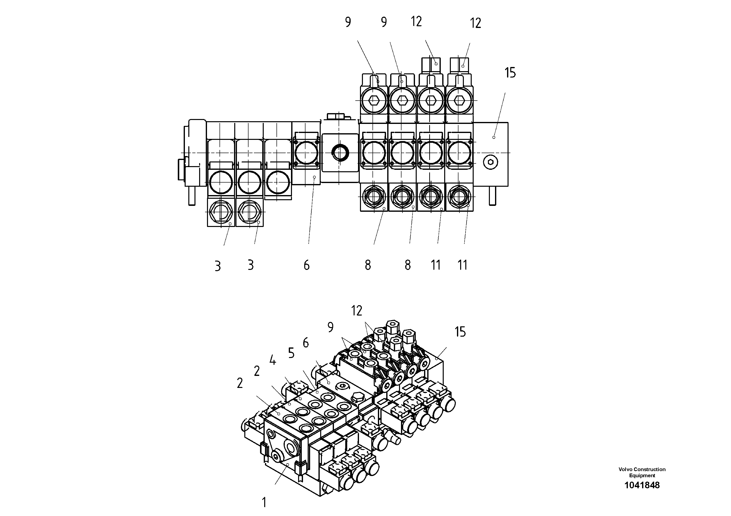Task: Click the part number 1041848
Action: pyautogui.click(x=642, y=485)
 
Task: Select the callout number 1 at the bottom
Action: pyautogui.click(x=264, y=502)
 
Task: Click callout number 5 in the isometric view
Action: pyautogui.click(x=291, y=353)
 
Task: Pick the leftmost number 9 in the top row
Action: pyautogui.click(x=348, y=22)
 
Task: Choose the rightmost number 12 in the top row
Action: pyautogui.click(x=475, y=23)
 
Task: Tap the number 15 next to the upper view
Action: pyautogui.click(x=510, y=73)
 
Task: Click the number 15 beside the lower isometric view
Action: pyautogui.click(x=460, y=332)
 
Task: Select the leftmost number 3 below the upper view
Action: pyautogui.click(x=218, y=266)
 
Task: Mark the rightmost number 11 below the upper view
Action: pyautogui.click(x=462, y=265)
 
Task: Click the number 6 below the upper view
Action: pyautogui.click(x=306, y=265)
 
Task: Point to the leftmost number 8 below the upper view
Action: pyautogui.click(x=368, y=265)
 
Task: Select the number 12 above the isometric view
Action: pyautogui.click(x=357, y=310)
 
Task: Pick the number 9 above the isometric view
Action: pyautogui.click(x=331, y=327)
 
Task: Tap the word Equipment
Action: pyautogui.click(x=642, y=476)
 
